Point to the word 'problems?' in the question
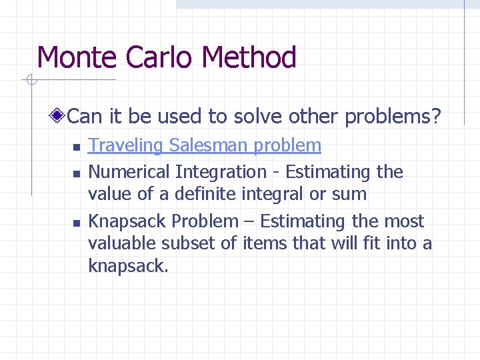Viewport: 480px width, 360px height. point(393,117)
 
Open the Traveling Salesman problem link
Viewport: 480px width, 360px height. point(205,145)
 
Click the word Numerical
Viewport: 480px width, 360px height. point(129,172)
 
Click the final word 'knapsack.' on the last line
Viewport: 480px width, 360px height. point(128,267)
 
